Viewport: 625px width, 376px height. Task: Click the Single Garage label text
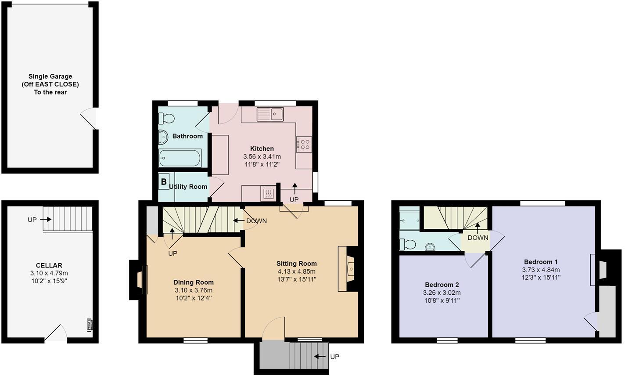pyautogui.click(x=50, y=76)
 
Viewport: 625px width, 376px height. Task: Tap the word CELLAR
pyautogui.click(x=49, y=265)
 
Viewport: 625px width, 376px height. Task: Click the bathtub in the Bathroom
pyautogui.click(x=180, y=158)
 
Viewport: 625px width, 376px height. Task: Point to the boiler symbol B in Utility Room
pyautogui.click(x=164, y=181)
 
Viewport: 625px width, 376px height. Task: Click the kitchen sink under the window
pyautogui.click(x=270, y=114)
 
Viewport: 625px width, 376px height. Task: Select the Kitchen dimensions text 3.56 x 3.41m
pyautogui.click(x=262, y=156)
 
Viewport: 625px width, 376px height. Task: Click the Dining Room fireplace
pyautogui.click(x=140, y=280)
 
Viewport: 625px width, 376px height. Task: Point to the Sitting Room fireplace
pyautogui.click(x=349, y=268)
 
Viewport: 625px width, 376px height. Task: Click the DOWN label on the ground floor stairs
pyautogui.click(x=256, y=221)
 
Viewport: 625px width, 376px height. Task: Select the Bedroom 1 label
pyautogui.click(x=541, y=262)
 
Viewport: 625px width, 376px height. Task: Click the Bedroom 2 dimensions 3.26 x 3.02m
pyautogui.click(x=442, y=293)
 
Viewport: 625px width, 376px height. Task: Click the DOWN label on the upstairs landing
pyautogui.click(x=478, y=238)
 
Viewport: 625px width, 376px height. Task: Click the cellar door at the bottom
pyautogui.click(x=57, y=334)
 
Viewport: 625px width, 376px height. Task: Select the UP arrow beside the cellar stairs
pyautogui.click(x=45, y=219)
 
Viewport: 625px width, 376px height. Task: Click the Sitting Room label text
pyautogui.click(x=296, y=264)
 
